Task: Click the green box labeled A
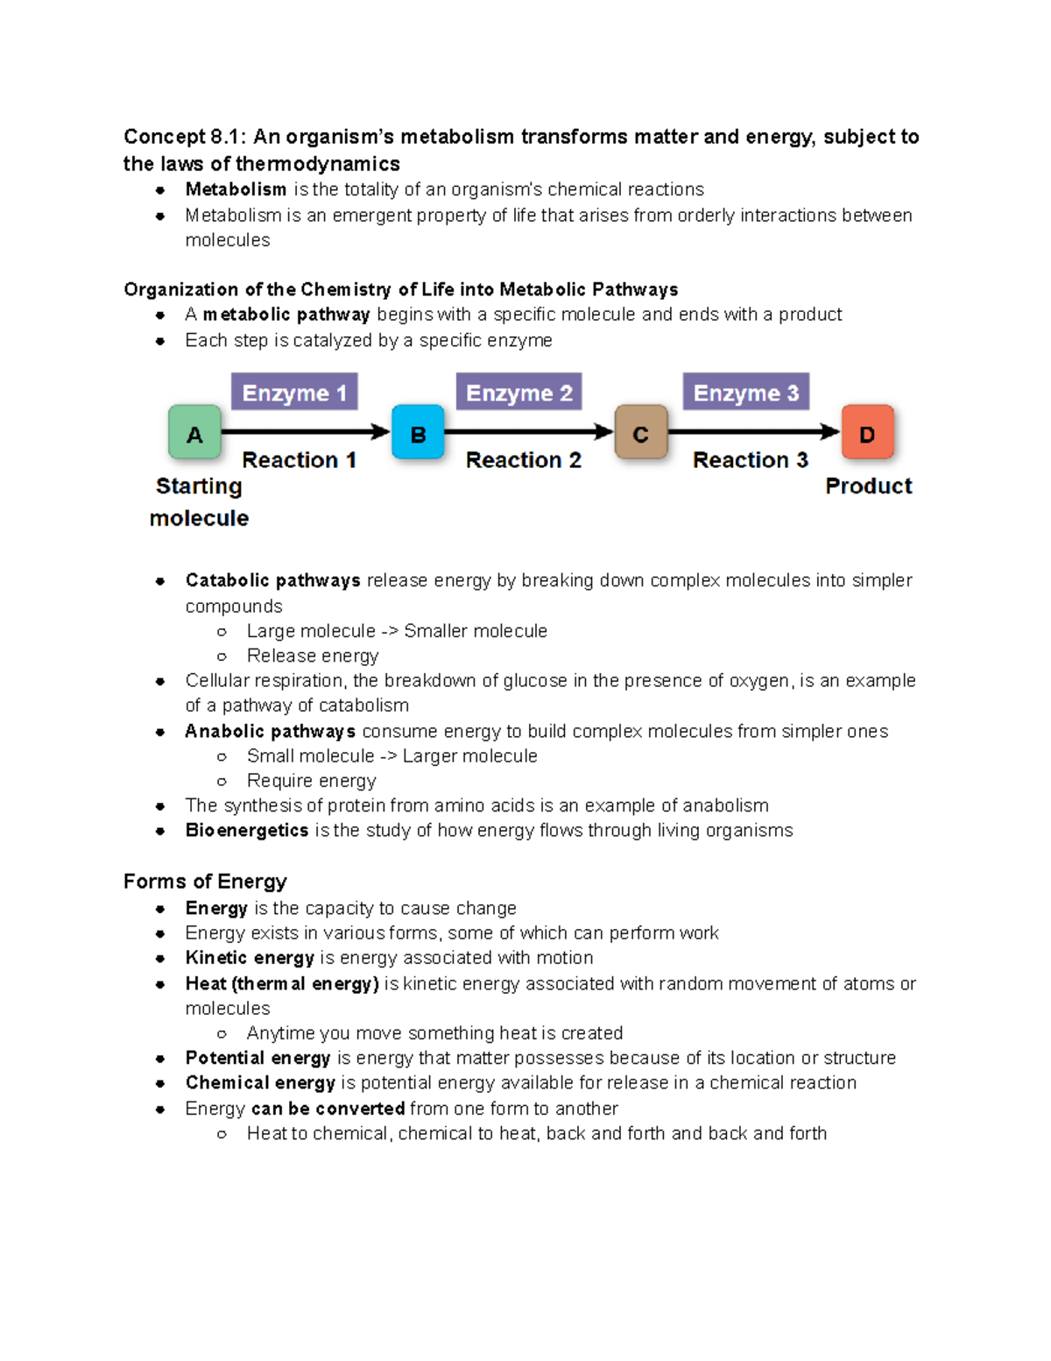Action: click(x=194, y=432)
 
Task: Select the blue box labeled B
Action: click(x=418, y=432)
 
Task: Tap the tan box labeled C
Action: click(x=641, y=432)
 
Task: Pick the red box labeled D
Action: click(x=867, y=432)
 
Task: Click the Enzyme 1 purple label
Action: click(x=294, y=393)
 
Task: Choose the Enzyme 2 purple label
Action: click(x=518, y=393)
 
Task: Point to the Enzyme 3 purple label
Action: click(x=746, y=393)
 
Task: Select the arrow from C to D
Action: click(x=753, y=431)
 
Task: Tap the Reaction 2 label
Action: click(x=523, y=460)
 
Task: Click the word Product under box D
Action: click(x=868, y=486)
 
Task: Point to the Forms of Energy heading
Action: click(x=205, y=882)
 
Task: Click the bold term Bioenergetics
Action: click(x=246, y=831)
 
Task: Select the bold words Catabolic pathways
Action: click(x=272, y=581)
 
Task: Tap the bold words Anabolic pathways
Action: click(x=270, y=732)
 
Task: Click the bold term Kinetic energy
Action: click(x=250, y=958)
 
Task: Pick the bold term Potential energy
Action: click(x=257, y=1058)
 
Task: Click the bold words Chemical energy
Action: click(x=260, y=1083)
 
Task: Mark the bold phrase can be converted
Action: click(x=328, y=1109)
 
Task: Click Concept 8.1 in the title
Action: click(x=185, y=137)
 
